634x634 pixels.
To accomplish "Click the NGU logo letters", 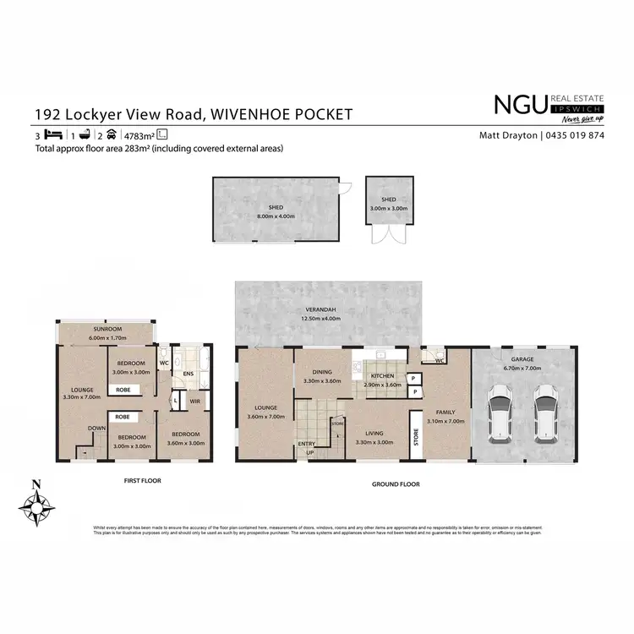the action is click(x=519, y=105).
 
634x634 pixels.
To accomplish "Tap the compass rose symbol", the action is click(x=36, y=506).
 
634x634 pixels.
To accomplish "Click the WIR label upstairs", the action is click(x=194, y=402).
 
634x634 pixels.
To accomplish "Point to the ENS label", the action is click(x=189, y=373).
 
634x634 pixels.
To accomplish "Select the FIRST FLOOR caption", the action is click(x=142, y=480).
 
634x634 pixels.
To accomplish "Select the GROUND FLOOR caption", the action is click(x=396, y=484).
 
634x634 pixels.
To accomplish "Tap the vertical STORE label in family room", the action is click(x=416, y=437).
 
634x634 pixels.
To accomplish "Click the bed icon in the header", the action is click(x=52, y=135).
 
